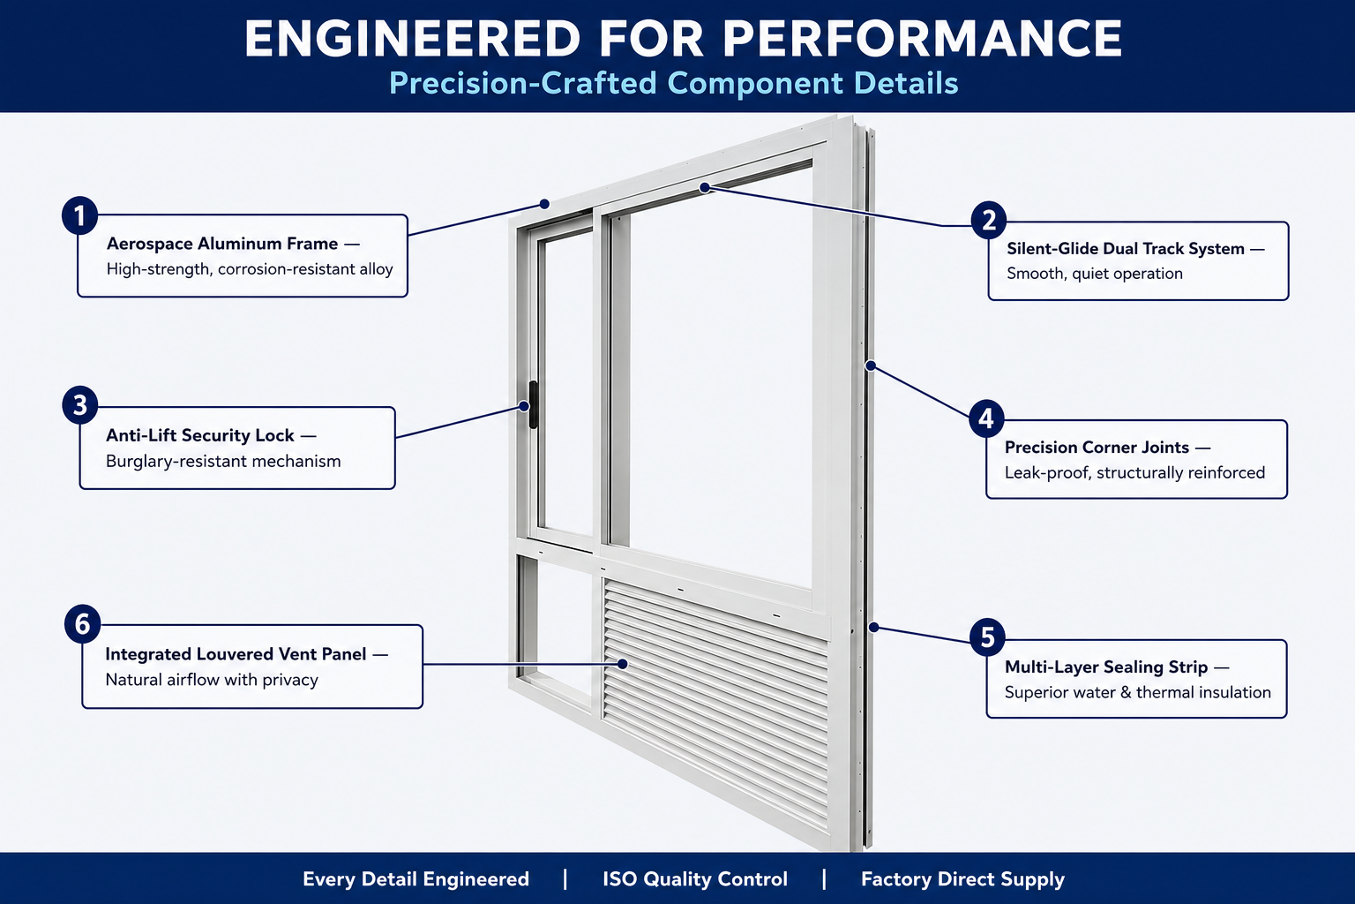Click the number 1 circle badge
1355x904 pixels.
[80, 215]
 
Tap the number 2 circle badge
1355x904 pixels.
[988, 220]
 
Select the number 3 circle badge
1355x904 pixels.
[80, 405]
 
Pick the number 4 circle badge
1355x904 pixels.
[986, 418]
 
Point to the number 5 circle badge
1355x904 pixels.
[987, 637]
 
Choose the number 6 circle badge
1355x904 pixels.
[82, 623]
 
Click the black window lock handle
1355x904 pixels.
[533, 404]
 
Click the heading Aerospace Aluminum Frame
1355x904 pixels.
[222, 244]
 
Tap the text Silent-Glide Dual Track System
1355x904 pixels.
[1125, 248]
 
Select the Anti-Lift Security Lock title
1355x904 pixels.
[199, 435]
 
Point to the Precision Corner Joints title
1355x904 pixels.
[1097, 448]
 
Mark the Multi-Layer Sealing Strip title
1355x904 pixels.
[1105, 667]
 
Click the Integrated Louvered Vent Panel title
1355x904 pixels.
[236, 654]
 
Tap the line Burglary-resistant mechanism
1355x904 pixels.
[223, 462]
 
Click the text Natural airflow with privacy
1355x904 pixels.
[212, 680]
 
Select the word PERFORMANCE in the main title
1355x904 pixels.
[922, 39]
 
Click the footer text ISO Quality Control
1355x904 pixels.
[695, 879]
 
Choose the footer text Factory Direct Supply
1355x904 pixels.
[962, 879]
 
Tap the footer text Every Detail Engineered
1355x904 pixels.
[415, 879]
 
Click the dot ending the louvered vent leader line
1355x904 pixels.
[623, 664]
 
